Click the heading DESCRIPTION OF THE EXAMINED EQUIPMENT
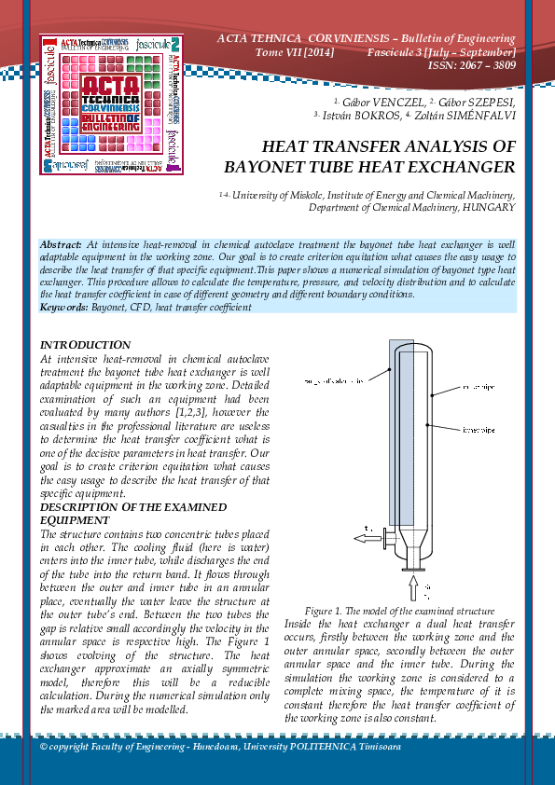pos(132,513)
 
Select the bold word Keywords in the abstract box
pos(64,306)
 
